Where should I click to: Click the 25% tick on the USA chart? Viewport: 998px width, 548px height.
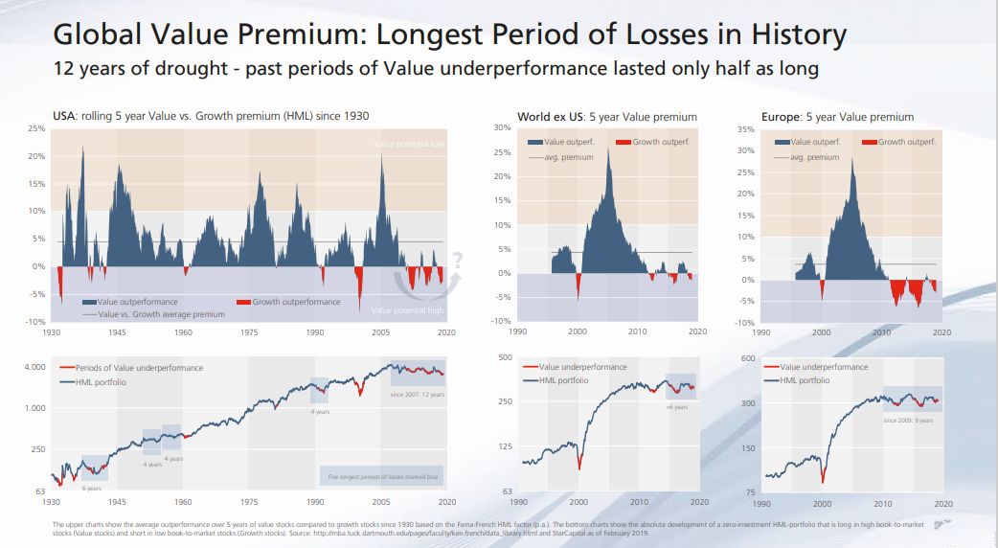36,128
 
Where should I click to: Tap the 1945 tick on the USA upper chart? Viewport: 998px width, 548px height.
117,331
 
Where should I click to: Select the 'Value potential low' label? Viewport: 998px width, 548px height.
409,144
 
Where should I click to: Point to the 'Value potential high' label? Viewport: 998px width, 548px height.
407,310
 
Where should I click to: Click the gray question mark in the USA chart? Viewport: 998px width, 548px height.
457,259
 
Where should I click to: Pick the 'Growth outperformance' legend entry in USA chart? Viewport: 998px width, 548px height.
296,302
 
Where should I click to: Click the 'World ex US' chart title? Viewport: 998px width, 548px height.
606,117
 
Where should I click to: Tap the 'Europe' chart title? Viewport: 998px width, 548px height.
837,117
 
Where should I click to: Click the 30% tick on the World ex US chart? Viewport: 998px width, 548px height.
501,128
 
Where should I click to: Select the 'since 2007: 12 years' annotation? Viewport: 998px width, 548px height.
418,394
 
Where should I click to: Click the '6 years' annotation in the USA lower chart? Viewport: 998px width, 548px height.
91,488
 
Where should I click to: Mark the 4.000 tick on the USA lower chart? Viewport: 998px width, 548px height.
34,368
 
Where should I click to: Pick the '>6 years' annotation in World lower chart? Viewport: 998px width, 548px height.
676,407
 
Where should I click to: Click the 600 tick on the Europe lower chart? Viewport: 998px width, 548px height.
749,358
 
